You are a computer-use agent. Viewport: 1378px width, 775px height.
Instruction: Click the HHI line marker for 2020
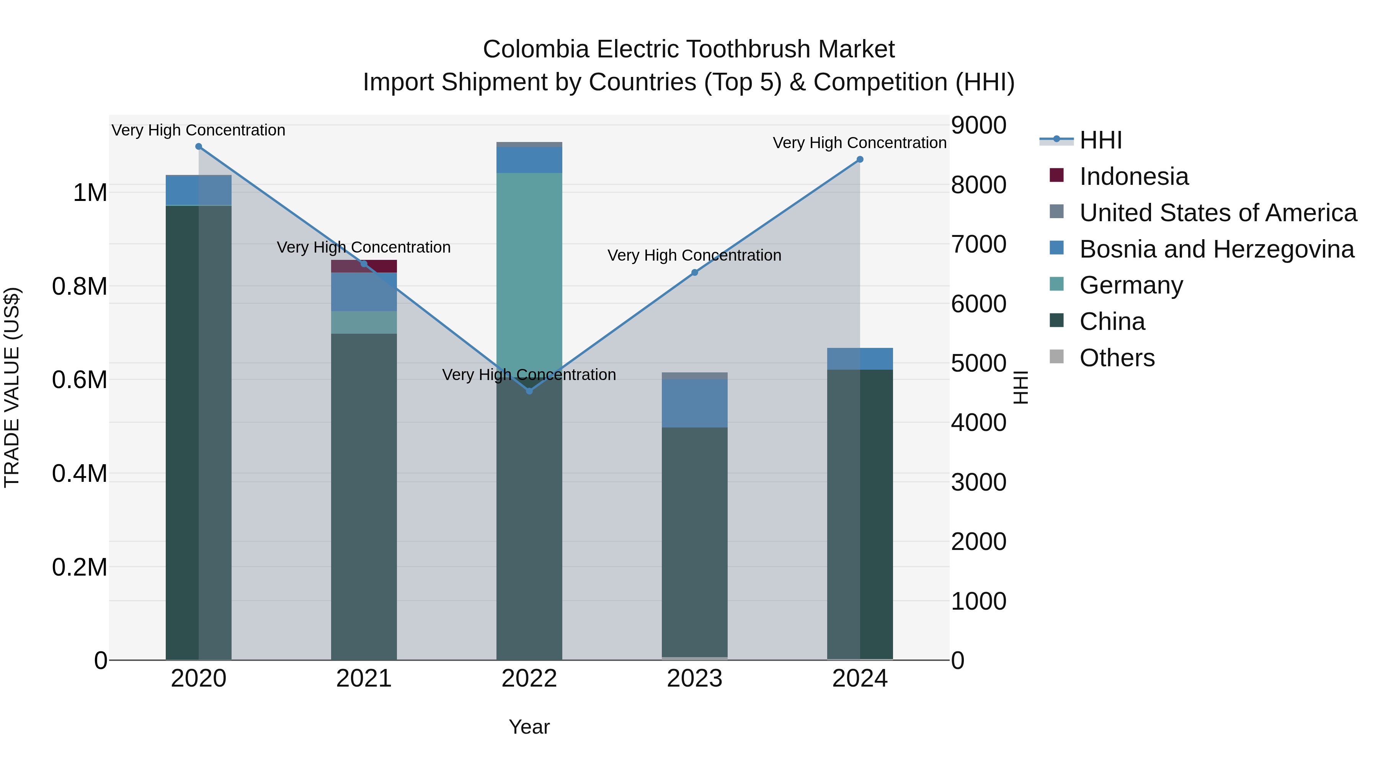198,147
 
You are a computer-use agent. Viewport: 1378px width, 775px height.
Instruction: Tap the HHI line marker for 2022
529,391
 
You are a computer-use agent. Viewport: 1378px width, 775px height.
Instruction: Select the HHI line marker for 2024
860,159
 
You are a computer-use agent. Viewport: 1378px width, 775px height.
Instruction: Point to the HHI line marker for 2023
694,273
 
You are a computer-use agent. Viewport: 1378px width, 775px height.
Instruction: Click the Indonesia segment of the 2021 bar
364,266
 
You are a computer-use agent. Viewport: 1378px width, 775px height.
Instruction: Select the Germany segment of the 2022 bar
529,268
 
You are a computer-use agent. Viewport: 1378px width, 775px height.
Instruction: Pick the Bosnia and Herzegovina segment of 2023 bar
694,403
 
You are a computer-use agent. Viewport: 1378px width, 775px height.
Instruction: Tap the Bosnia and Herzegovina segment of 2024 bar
860,359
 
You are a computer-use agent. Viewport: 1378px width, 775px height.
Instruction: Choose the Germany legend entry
1131,285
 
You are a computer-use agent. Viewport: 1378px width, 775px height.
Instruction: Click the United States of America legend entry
1218,213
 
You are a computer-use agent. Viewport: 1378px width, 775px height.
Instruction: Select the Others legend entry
1117,358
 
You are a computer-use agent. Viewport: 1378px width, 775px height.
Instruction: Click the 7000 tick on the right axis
978,245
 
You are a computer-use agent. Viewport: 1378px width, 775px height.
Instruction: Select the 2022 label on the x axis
529,679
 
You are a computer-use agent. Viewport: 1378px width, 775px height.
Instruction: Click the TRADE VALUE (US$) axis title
12,387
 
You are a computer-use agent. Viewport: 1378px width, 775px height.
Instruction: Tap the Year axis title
529,727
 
